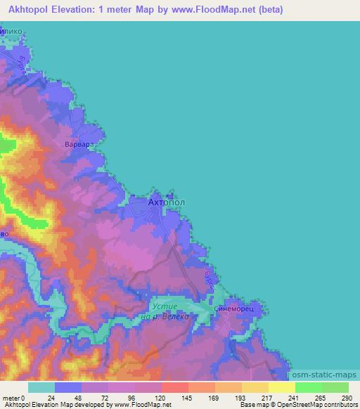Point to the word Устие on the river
point(166,306)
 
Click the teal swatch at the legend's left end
point(41,387)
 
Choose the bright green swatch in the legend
point(309,387)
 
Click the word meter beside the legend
point(13,397)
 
